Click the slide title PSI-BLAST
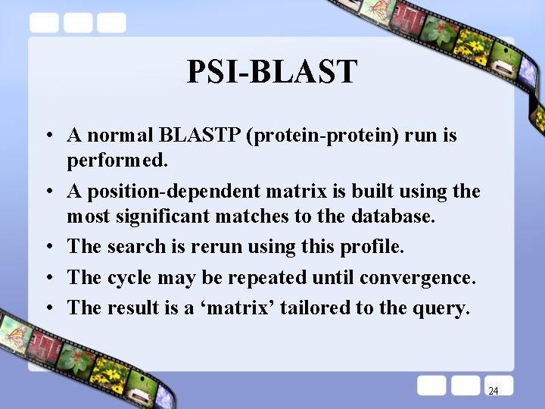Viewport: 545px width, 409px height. (x=272, y=72)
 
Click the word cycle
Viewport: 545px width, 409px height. (x=129, y=277)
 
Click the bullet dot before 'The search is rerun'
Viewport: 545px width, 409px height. (x=48, y=247)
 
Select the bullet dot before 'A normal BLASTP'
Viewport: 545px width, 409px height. (x=48, y=136)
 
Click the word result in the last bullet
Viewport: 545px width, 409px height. (x=133, y=308)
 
